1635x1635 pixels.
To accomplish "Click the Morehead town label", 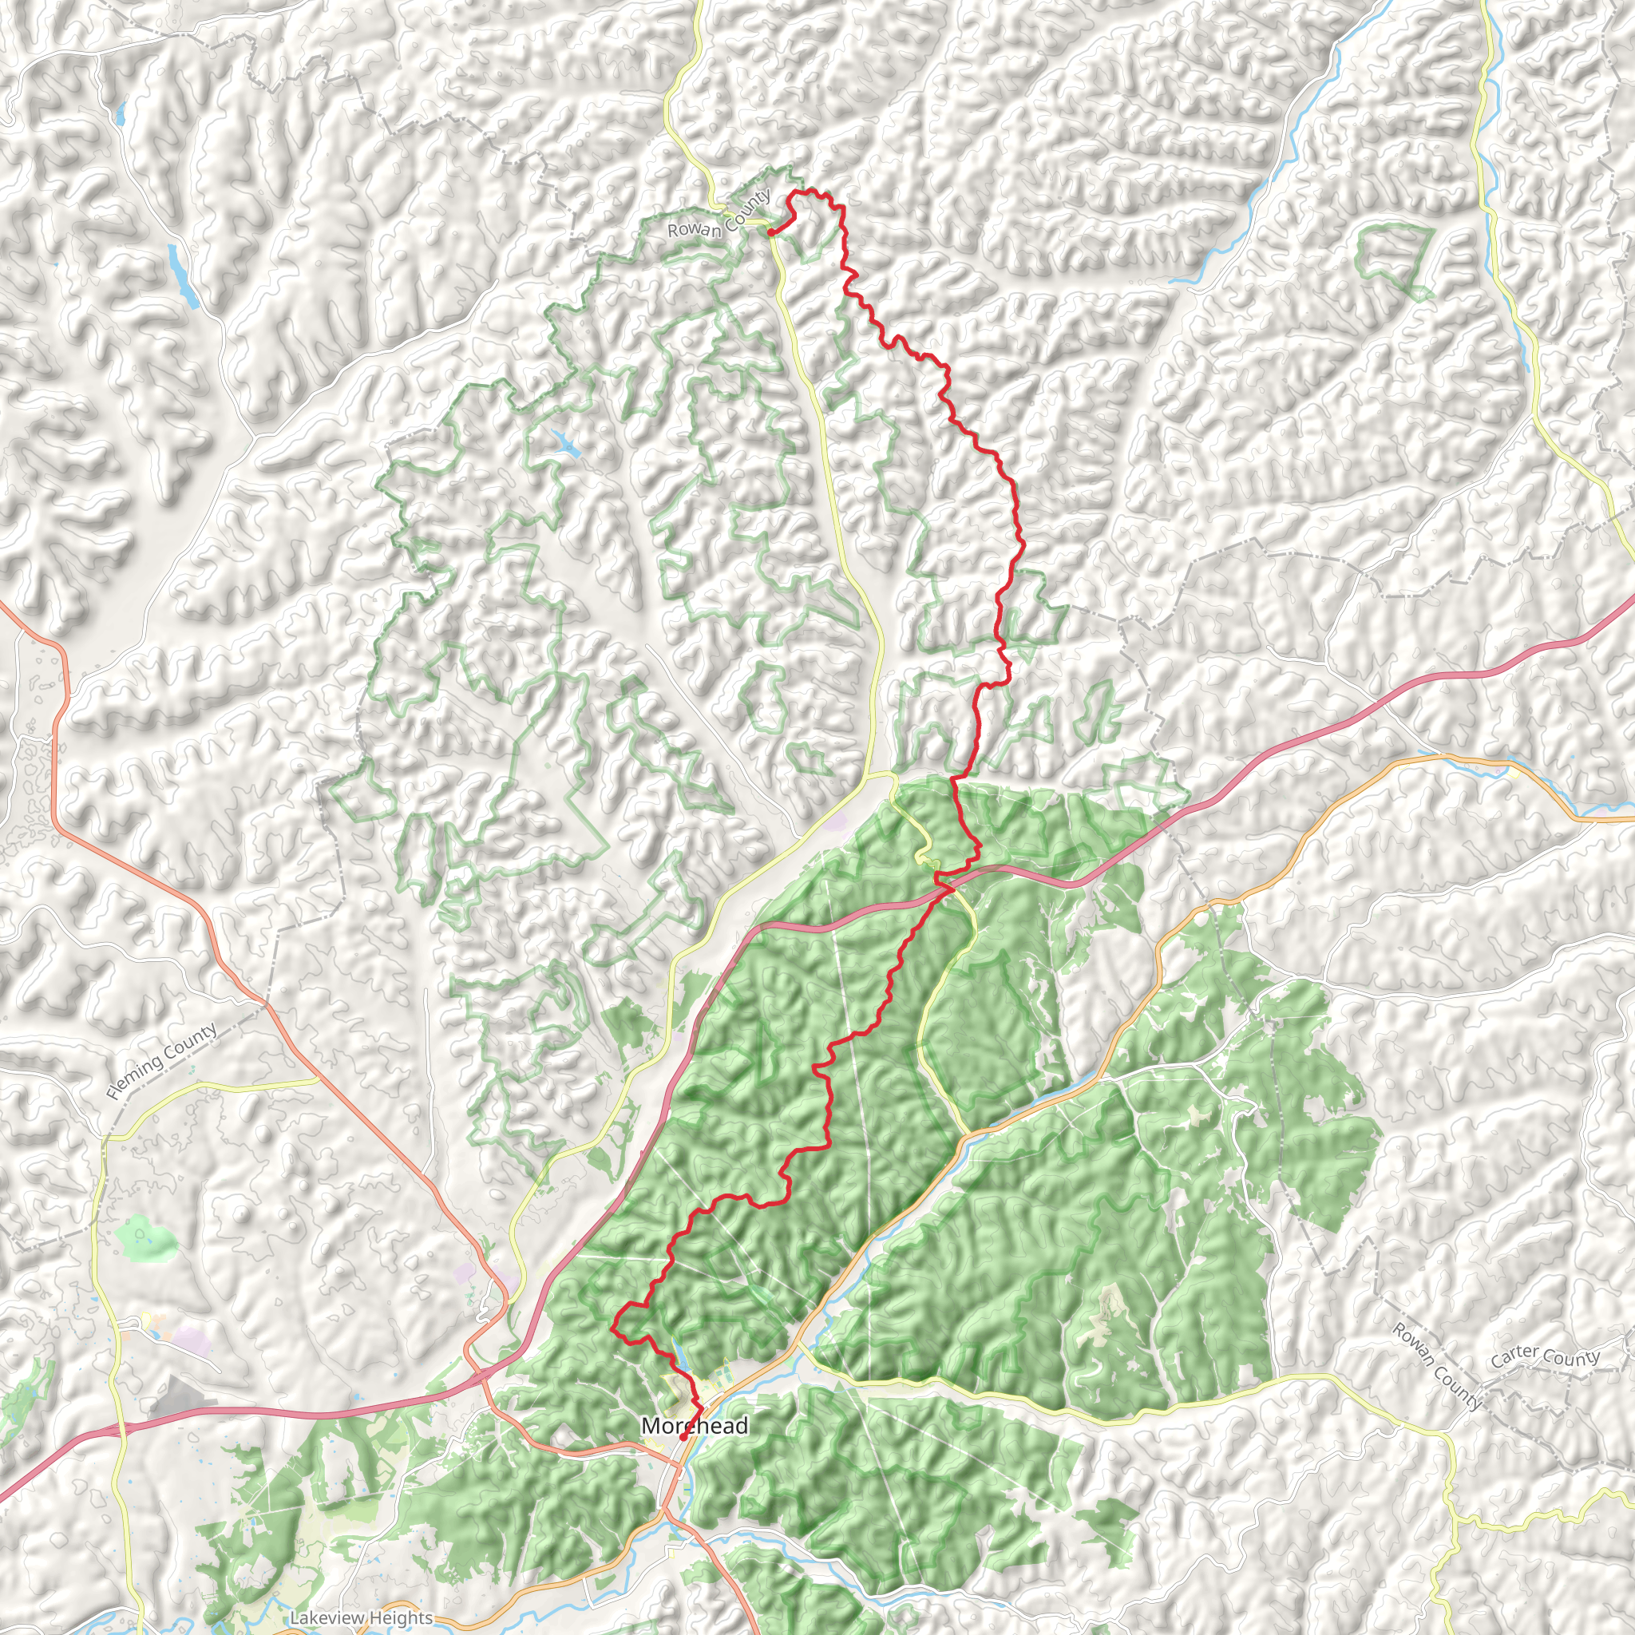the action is click(x=694, y=1427).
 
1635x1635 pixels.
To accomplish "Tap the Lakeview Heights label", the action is click(x=362, y=1618).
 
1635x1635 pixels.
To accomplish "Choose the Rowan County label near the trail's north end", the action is click(x=719, y=215).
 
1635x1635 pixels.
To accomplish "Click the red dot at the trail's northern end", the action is click(x=770, y=232).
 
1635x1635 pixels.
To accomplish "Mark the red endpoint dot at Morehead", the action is click(x=683, y=1436).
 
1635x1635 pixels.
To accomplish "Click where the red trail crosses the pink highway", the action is click(x=948, y=888).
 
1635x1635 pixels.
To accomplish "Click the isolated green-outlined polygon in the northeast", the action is click(x=1395, y=258).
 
